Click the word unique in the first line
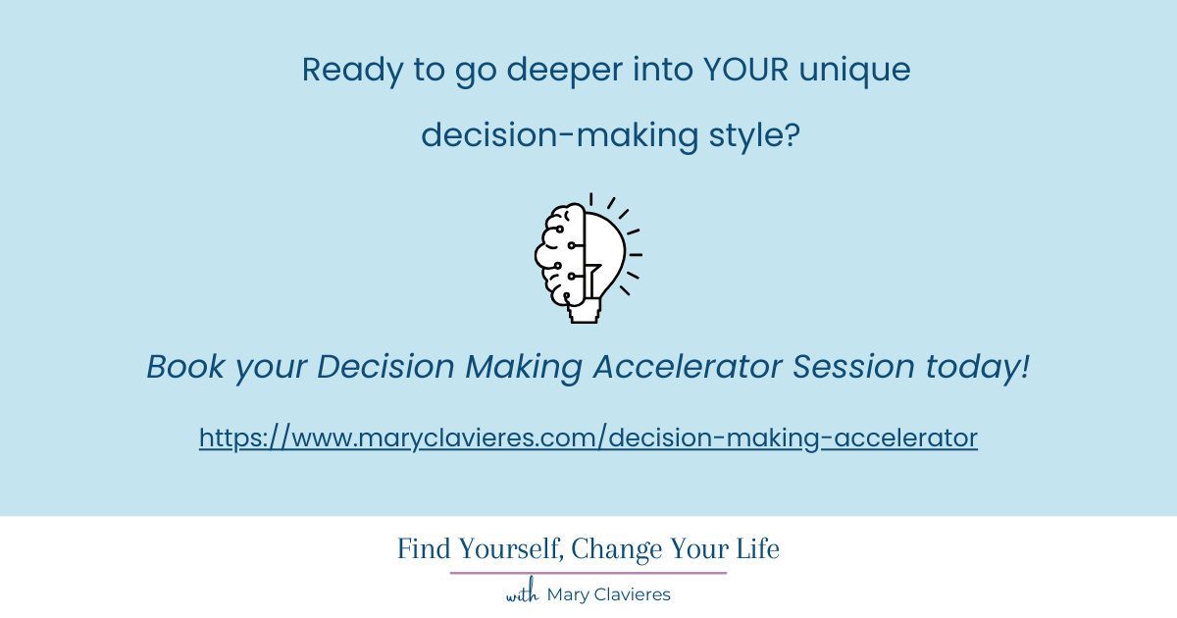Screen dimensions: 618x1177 coord(863,71)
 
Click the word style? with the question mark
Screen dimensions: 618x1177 coord(754,135)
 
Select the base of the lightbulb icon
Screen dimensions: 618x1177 coord(585,312)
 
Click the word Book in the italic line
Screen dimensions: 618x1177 coord(186,368)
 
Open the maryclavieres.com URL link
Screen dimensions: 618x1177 coord(588,438)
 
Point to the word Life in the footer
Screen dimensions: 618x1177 coord(757,550)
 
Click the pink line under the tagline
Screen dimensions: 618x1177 coord(588,573)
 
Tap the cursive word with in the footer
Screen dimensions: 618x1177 coord(523,594)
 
